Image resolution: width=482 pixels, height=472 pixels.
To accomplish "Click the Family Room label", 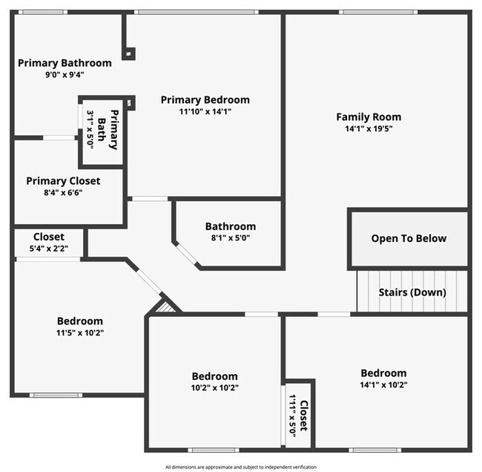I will point(369,117).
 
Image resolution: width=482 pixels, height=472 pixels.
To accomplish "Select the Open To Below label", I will point(409,238).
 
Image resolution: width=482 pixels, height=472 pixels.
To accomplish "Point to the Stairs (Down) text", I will point(412,292).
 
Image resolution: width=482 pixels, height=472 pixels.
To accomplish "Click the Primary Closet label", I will point(63,180).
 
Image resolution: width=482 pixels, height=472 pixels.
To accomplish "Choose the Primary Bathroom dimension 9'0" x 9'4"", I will point(65,75).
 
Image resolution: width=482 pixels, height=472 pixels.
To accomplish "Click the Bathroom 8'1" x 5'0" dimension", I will point(230,239).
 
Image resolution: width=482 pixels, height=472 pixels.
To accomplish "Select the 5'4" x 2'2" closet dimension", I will point(48,249).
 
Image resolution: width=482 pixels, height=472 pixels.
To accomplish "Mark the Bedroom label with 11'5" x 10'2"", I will point(80,321).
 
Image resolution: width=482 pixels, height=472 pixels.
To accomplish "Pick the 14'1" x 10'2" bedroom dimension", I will point(383,385).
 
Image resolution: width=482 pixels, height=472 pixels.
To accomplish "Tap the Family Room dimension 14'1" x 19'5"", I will point(369,128).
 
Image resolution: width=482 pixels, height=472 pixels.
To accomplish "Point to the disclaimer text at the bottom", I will point(241,467).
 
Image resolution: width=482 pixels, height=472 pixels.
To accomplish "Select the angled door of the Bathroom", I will point(186,254).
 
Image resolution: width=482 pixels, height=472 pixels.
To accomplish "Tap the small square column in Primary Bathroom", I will point(130,53).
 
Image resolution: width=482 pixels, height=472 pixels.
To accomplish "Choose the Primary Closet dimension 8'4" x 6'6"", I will point(63,192).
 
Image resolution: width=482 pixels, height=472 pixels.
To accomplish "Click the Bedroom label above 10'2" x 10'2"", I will point(214,376).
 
